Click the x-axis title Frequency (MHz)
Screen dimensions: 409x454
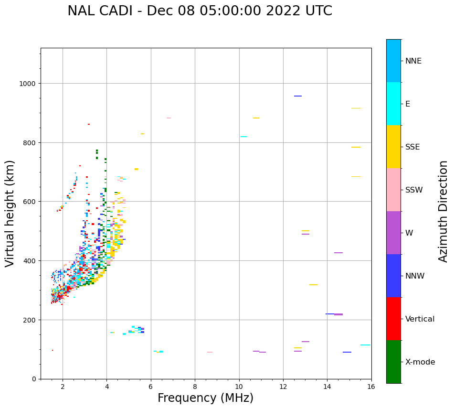pyautogui.click(x=205, y=398)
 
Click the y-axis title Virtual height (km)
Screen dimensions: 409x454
pyautogui.click(x=10, y=214)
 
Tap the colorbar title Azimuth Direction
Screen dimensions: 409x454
pyautogui.click(x=443, y=211)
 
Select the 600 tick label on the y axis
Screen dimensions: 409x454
pyautogui.click(x=30, y=202)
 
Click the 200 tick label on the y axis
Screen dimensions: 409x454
pyautogui.click(x=30, y=320)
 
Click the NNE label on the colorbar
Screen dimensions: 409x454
pyautogui.click(x=413, y=61)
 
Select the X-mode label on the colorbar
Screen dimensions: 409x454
pyautogui.click(x=420, y=362)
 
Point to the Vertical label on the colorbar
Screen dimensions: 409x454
pyautogui.click(x=420, y=319)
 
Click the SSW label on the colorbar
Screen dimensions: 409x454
pyautogui.click(x=414, y=190)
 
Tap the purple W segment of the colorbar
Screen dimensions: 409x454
pyautogui.click(x=393, y=233)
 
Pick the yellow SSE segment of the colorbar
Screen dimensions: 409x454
pyautogui.click(x=393, y=147)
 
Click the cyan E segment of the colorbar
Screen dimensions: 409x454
pyautogui.click(x=393, y=104)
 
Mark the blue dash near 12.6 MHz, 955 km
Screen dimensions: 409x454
pyautogui.click(x=298, y=96)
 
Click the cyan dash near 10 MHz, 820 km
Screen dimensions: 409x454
pyautogui.click(x=243, y=137)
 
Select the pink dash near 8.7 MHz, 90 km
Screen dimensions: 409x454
pyautogui.click(x=210, y=352)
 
